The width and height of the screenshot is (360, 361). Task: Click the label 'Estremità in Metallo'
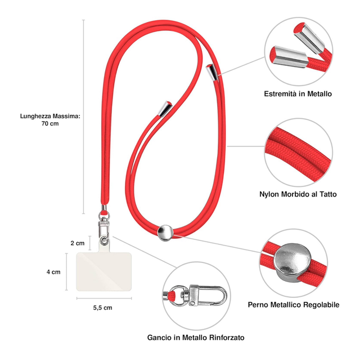click(x=298, y=93)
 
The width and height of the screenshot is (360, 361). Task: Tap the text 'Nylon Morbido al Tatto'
click(x=298, y=194)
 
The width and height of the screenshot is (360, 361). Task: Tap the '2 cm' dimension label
click(x=77, y=243)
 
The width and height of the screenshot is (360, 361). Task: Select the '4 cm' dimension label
click(x=53, y=271)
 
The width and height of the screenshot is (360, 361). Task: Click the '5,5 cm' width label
click(x=102, y=307)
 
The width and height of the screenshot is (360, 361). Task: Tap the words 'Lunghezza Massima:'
click(x=50, y=115)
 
